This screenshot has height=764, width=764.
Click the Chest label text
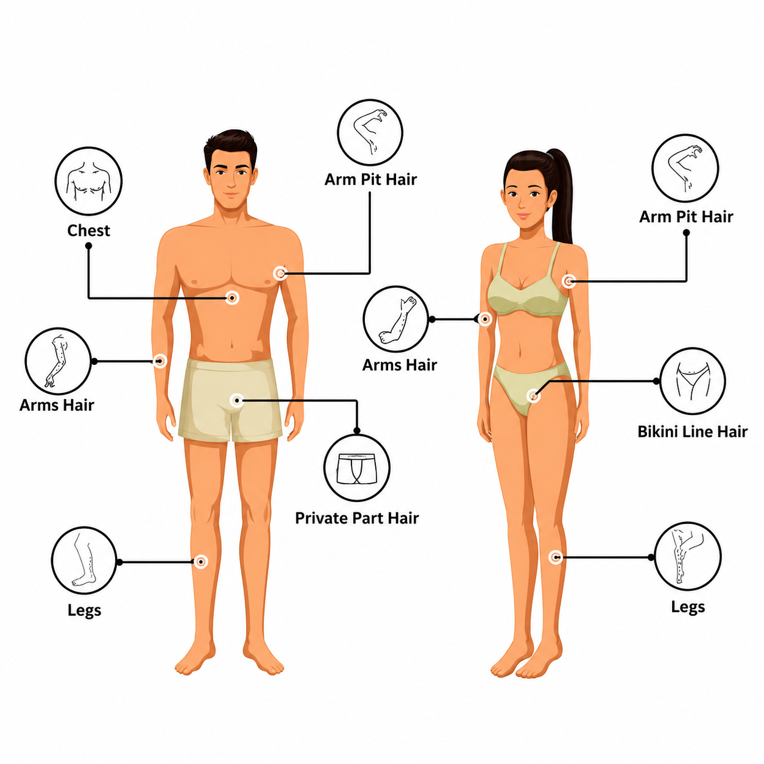(x=88, y=230)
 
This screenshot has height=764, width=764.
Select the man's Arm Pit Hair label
(x=370, y=180)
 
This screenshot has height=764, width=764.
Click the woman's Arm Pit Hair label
(x=686, y=217)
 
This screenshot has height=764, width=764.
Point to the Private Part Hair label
(x=357, y=518)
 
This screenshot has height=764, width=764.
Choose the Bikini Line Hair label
(x=692, y=431)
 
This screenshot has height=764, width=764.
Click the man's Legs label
(x=84, y=610)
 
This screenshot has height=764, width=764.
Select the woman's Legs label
(x=688, y=607)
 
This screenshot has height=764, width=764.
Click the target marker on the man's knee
(x=201, y=561)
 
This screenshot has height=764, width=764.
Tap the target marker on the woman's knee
(x=556, y=557)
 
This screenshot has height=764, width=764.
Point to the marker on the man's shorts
(x=237, y=400)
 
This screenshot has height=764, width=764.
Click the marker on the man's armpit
(x=280, y=273)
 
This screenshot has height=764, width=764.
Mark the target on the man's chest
(x=232, y=297)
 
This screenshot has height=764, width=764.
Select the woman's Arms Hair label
(x=399, y=365)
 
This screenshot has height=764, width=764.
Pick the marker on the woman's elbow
(x=484, y=319)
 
